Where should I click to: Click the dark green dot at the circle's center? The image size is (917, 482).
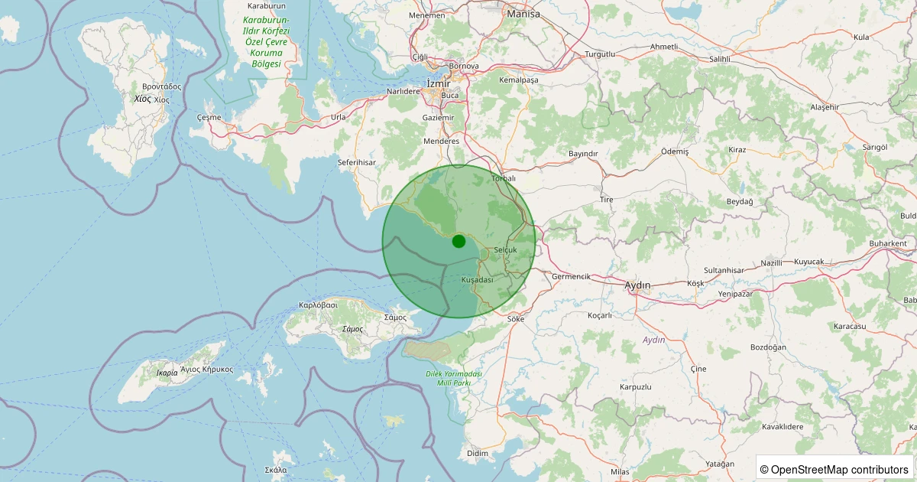[458, 241]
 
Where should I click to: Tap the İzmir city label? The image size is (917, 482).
[439, 84]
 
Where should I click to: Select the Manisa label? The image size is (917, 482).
[523, 14]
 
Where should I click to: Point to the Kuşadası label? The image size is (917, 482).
[478, 280]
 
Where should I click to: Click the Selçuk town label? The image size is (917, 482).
[505, 250]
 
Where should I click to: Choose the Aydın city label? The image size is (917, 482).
[637, 285]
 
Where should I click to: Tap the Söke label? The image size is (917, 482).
[516, 318]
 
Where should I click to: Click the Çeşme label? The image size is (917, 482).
[209, 118]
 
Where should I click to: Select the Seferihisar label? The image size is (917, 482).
[357, 163]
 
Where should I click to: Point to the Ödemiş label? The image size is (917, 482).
[675, 152]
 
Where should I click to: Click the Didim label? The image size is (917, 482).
[477, 453]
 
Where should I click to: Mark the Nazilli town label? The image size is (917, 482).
[771, 262]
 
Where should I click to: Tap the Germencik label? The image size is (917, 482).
[572, 276]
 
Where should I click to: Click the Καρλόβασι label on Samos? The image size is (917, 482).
[319, 305]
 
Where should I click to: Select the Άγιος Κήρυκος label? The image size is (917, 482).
[207, 370]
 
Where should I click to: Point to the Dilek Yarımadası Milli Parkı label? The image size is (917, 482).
[454, 378]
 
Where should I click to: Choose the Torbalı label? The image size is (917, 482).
[504, 178]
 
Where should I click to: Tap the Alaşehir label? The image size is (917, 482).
[824, 107]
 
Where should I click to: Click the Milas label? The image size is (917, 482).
[621, 472]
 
